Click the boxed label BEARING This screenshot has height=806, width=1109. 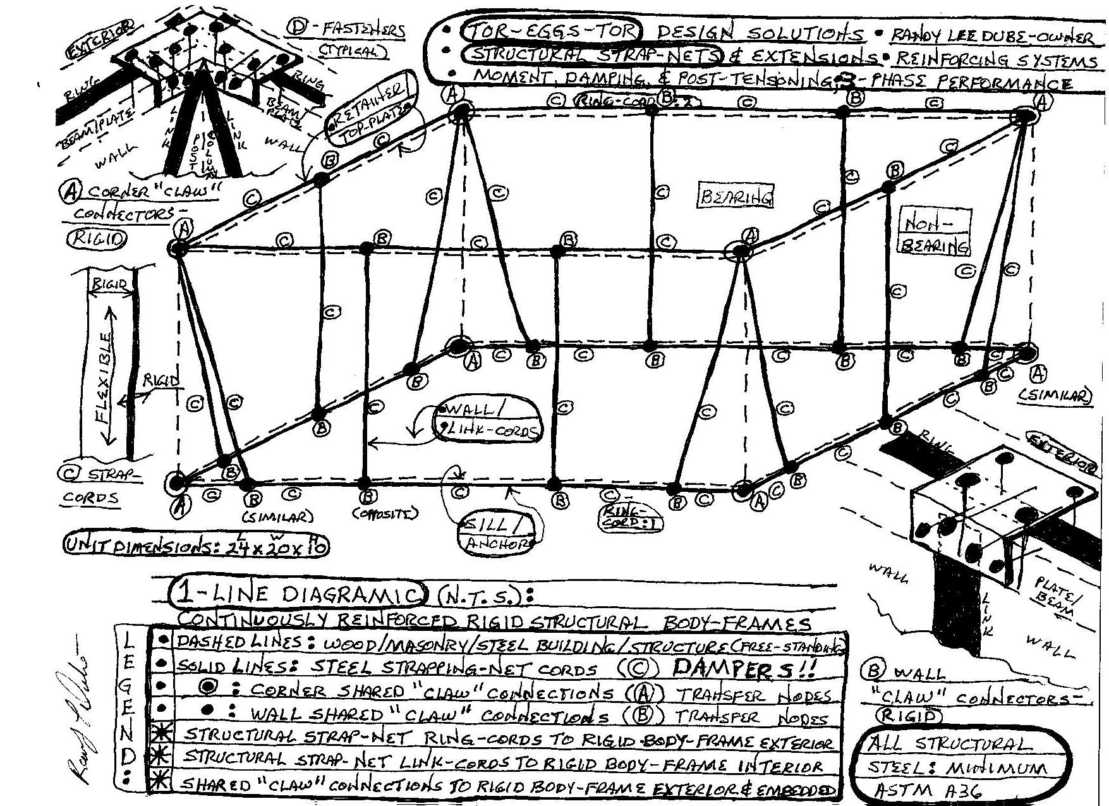[x=736, y=197]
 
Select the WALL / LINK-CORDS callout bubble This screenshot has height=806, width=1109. [x=487, y=420]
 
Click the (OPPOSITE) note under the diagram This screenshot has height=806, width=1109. [x=385, y=513]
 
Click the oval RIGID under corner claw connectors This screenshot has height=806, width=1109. [x=97, y=238]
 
